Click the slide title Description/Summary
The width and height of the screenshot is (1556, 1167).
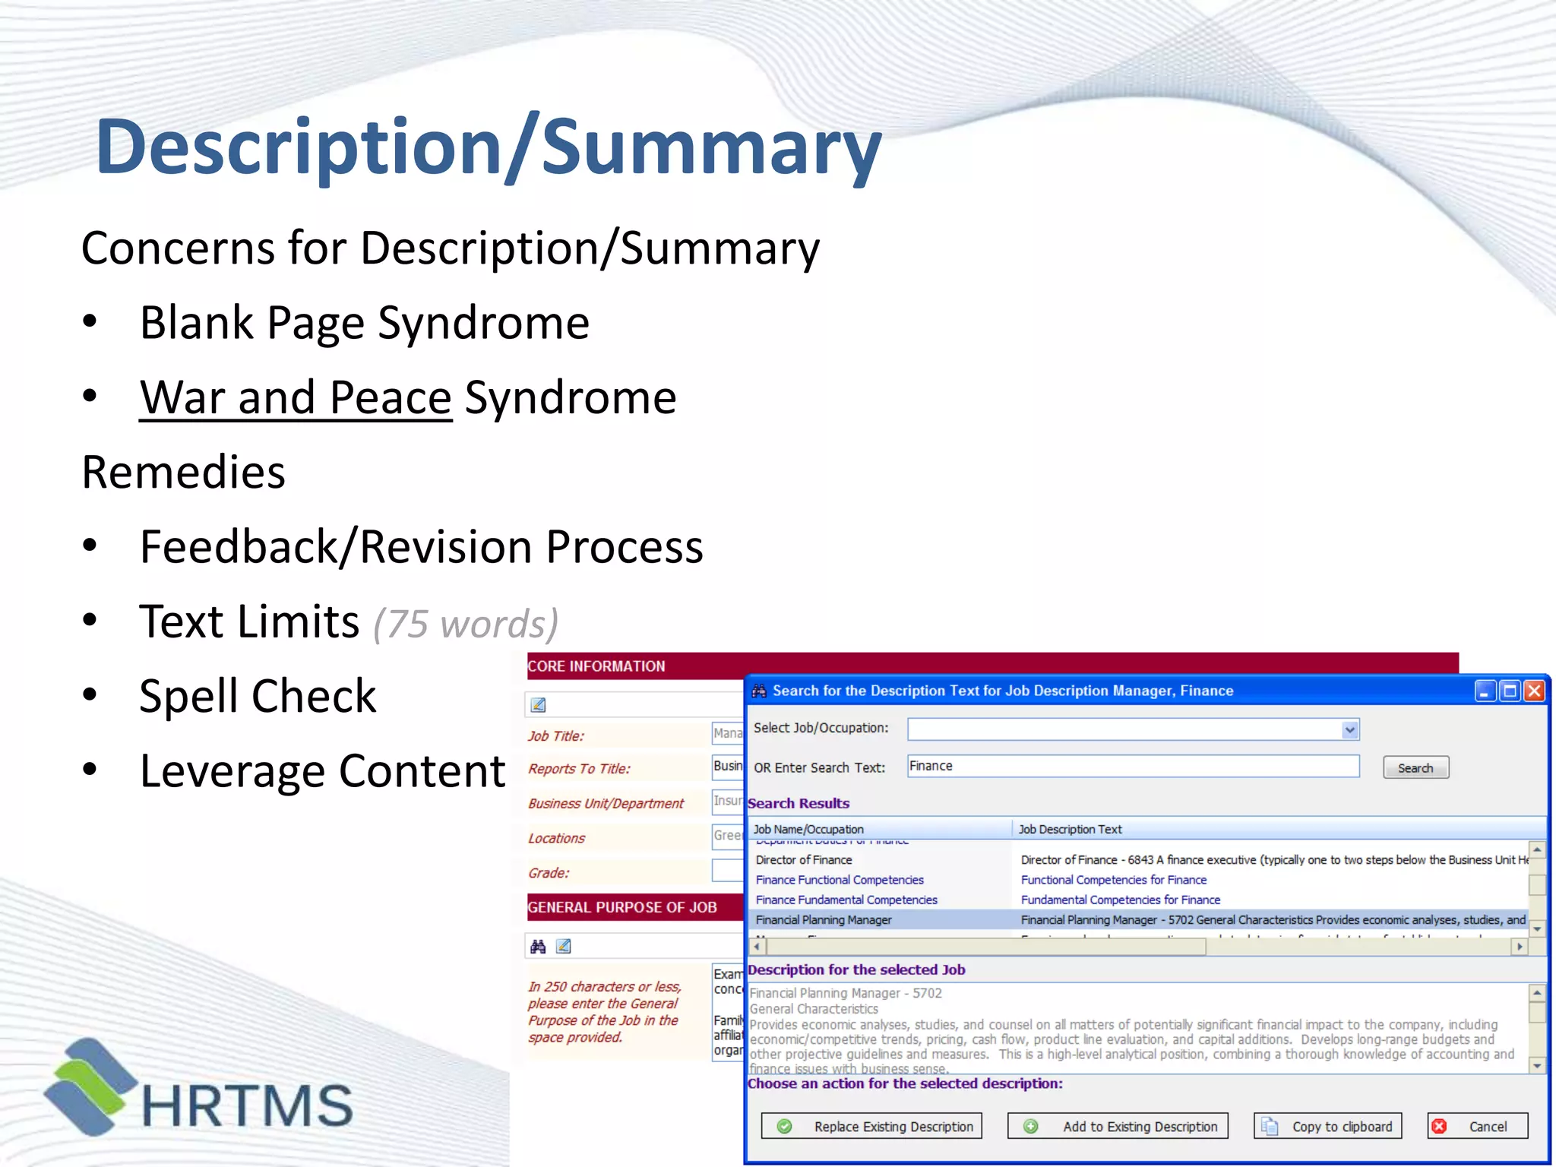coord(489,147)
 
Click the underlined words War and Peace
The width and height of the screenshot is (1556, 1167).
coord(296,397)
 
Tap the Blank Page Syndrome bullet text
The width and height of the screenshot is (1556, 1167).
coord(365,323)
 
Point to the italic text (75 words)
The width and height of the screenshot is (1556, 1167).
coord(466,625)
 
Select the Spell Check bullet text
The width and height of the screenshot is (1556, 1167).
coord(258,696)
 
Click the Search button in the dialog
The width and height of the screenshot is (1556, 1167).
coord(1415,768)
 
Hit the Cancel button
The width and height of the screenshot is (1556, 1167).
coord(1477,1126)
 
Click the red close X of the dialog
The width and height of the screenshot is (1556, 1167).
coord(1534,691)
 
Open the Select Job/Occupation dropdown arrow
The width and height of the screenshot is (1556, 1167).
coord(1349,729)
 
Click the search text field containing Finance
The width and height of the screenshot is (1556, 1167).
coord(1132,766)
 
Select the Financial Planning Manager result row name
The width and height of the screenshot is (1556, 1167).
coord(824,920)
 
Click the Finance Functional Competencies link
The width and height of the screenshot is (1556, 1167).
coord(840,880)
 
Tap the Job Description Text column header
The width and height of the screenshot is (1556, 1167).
coord(1070,829)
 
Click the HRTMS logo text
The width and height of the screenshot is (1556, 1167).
coord(247,1105)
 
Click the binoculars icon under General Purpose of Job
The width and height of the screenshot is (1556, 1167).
coord(538,946)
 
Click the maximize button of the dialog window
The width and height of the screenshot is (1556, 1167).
coord(1510,691)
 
